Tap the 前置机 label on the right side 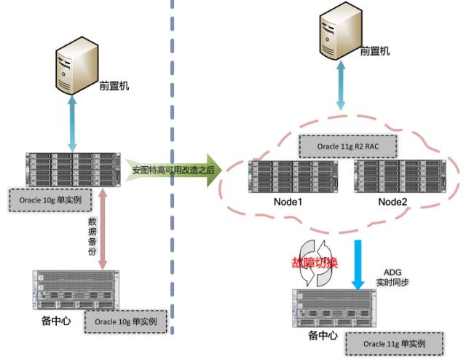point(375,51)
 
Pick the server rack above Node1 point(291,177)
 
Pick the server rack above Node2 point(398,177)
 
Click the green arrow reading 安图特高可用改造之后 point(173,170)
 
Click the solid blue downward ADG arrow point(358,262)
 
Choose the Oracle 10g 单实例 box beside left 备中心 point(125,321)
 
